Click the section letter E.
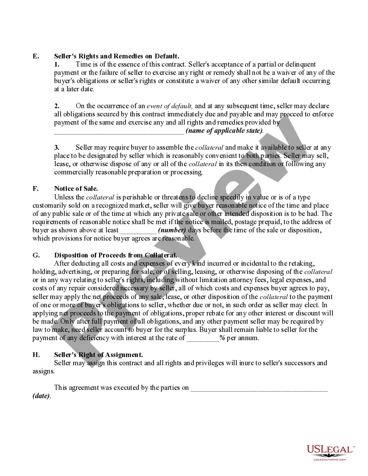pos(36,56)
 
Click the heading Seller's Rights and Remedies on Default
pos(116,56)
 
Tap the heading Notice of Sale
pos(76,189)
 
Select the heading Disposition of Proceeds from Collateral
pos(115,255)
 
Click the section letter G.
pos(36,255)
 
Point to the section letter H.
pos(36,355)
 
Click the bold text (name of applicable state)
pos(224,131)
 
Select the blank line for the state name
pos(119,131)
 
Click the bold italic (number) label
pos(172,230)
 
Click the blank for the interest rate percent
pos(203,338)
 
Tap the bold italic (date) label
pos(41,396)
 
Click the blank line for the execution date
pos(259,388)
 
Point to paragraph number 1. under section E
pos(57,64)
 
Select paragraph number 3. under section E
pos(57,148)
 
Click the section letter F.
pos(36,189)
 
